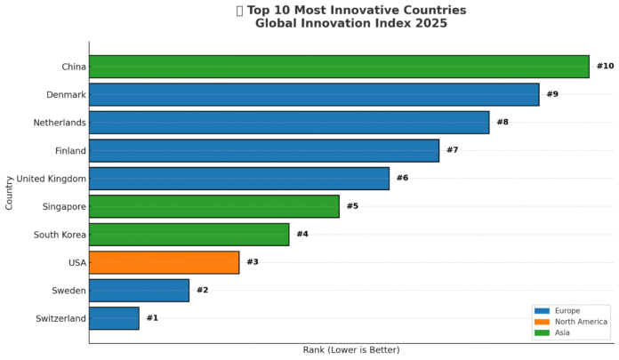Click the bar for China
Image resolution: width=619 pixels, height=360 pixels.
point(339,67)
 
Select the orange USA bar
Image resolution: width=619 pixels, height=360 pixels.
point(164,262)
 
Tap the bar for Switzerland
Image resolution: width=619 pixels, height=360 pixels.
point(114,318)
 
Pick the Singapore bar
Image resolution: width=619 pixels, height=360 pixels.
point(213,206)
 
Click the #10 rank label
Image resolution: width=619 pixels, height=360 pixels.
point(605,67)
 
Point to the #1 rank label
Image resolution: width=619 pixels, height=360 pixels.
point(152,318)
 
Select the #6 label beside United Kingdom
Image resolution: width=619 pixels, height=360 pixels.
point(402,178)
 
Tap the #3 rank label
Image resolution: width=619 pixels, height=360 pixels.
point(253,262)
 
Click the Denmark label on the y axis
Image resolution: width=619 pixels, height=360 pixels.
point(66,94)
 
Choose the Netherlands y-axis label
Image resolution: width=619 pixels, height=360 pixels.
point(60,123)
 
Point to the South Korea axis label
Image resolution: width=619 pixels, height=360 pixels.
point(60,235)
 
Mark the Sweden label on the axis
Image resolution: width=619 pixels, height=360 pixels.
point(68,291)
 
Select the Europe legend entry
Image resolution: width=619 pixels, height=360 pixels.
point(567,311)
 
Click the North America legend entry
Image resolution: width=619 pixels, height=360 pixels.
point(580,322)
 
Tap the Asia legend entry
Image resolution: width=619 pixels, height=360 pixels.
point(562,332)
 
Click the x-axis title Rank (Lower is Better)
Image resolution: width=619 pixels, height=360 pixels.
point(351,350)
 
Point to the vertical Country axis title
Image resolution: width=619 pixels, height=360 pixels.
point(9,192)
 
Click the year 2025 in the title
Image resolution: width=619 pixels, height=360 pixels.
point(430,24)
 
